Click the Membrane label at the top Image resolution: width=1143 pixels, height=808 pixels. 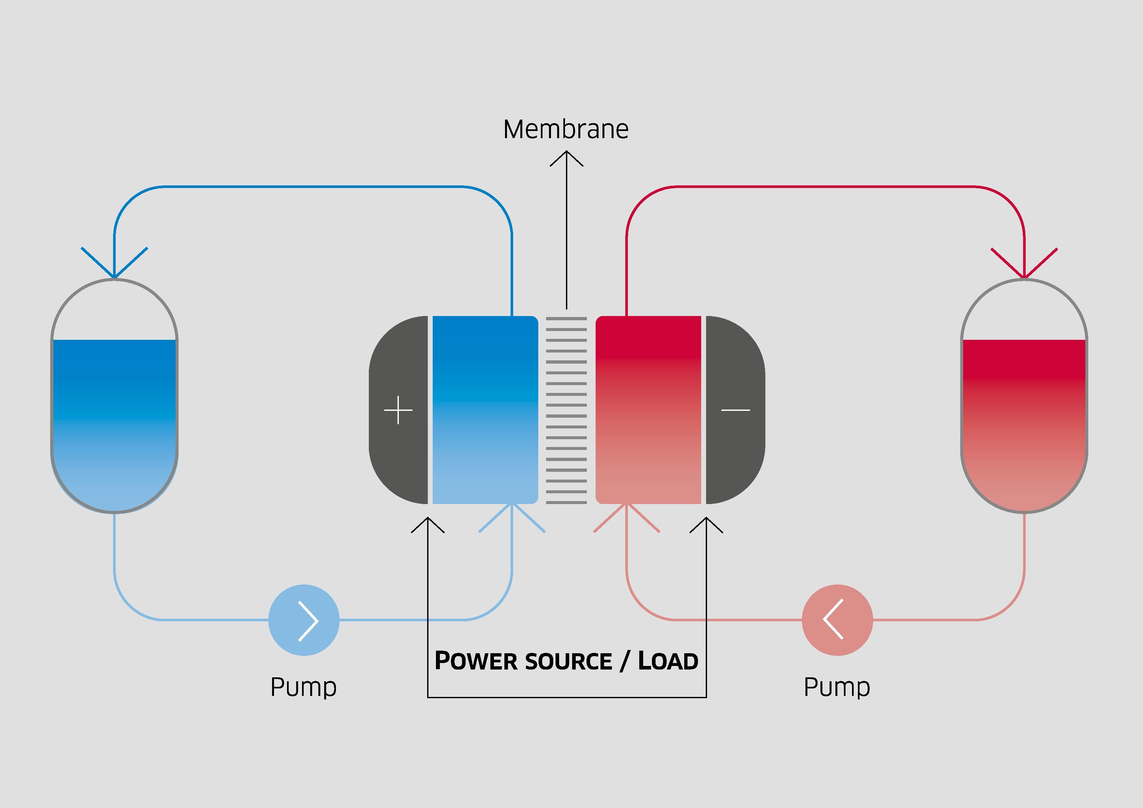coord(566,129)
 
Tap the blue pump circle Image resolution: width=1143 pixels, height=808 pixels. coord(304,620)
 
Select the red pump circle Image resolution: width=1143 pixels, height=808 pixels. coord(837,620)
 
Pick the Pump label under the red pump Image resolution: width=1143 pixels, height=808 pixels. coord(837,687)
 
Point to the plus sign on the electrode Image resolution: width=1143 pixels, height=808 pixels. coord(398,410)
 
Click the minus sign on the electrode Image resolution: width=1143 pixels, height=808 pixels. coord(735,410)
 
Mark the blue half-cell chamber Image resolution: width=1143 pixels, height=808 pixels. coord(485,410)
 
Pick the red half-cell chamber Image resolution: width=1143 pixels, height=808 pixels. coord(648,410)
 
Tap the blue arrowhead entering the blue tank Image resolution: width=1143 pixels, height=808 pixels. coord(114,266)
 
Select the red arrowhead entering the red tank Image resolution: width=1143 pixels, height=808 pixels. coord(1024,266)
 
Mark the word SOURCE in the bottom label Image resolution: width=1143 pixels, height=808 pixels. coord(568,661)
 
